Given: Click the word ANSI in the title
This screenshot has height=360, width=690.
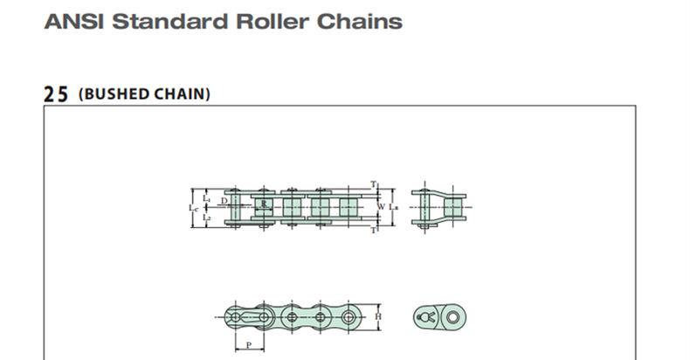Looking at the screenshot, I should (x=70, y=20).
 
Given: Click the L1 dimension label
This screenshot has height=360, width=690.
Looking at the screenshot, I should (x=206, y=199).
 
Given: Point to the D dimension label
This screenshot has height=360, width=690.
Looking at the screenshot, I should (x=224, y=202).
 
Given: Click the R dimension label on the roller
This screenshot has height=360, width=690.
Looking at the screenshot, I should (x=263, y=204).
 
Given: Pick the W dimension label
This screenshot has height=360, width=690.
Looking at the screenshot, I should (x=381, y=207).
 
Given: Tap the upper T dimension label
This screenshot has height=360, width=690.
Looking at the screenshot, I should (x=373, y=184).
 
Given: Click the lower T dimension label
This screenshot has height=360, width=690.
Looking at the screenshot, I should (x=373, y=231).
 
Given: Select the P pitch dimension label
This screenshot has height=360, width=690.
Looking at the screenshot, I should (x=248, y=345).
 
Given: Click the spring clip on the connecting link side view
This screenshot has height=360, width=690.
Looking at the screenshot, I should (x=428, y=315).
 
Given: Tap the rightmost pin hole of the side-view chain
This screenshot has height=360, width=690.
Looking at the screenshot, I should (x=351, y=315).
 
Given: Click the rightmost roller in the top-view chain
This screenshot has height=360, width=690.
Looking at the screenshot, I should (x=348, y=208).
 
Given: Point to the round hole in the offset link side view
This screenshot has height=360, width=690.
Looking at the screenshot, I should (x=453, y=315).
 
